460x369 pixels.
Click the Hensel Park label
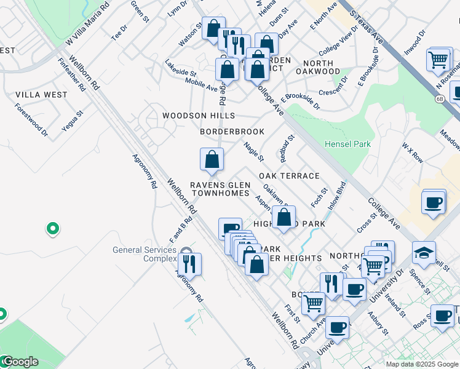(348, 144)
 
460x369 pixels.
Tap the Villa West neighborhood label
(41, 95)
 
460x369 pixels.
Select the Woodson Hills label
(198, 116)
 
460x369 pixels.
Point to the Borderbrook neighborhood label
(232, 132)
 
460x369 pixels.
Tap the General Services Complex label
(144, 254)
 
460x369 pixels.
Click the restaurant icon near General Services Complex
(190, 264)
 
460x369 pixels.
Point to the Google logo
(20, 361)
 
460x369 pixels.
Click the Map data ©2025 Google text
(421, 364)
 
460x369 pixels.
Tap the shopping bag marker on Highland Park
(284, 217)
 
